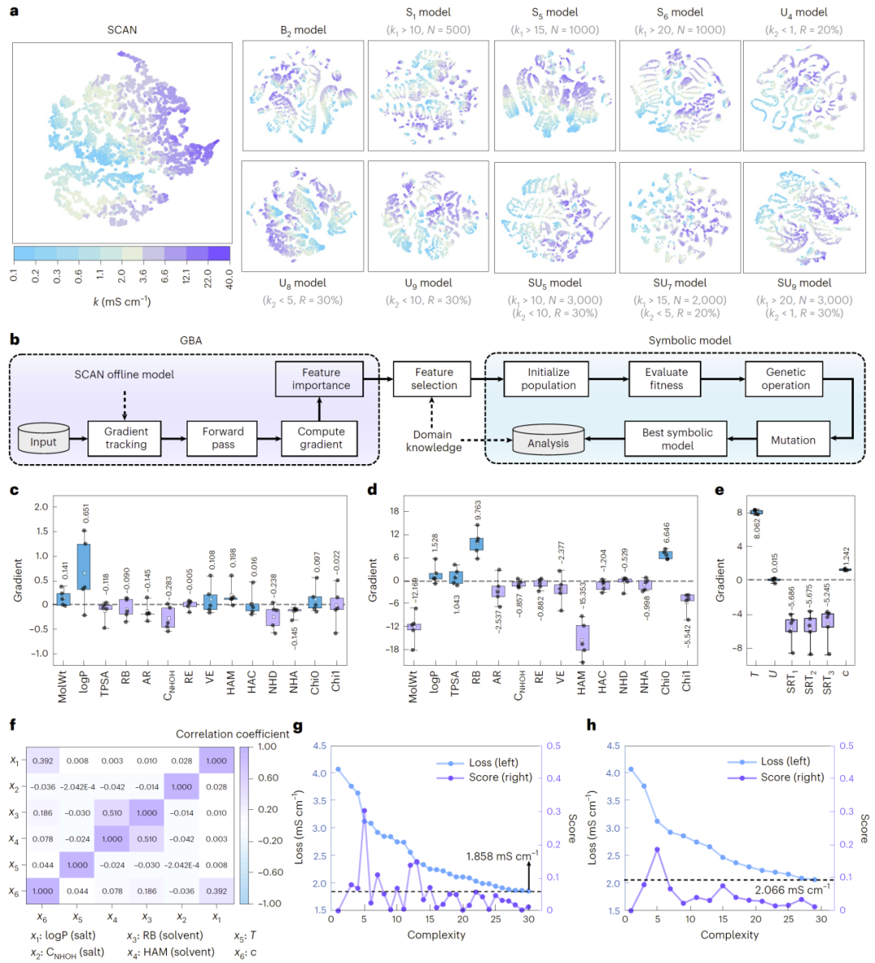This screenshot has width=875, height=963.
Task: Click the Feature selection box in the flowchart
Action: (433, 378)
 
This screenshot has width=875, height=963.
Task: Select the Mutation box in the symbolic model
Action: (792, 440)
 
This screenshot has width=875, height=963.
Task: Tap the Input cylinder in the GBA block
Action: (43, 440)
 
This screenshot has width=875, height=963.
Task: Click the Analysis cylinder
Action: (548, 441)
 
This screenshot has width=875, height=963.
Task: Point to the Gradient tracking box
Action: (126, 438)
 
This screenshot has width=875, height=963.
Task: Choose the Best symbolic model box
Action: (677, 439)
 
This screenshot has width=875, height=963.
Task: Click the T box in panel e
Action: (755, 512)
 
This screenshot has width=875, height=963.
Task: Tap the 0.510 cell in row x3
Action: (112, 812)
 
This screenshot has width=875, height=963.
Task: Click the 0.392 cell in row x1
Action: (42, 761)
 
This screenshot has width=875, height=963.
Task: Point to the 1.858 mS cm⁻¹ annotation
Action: (502, 856)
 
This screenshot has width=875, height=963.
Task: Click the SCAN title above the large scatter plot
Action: (122, 30)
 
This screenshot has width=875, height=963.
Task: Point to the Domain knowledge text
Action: (433, 441)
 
